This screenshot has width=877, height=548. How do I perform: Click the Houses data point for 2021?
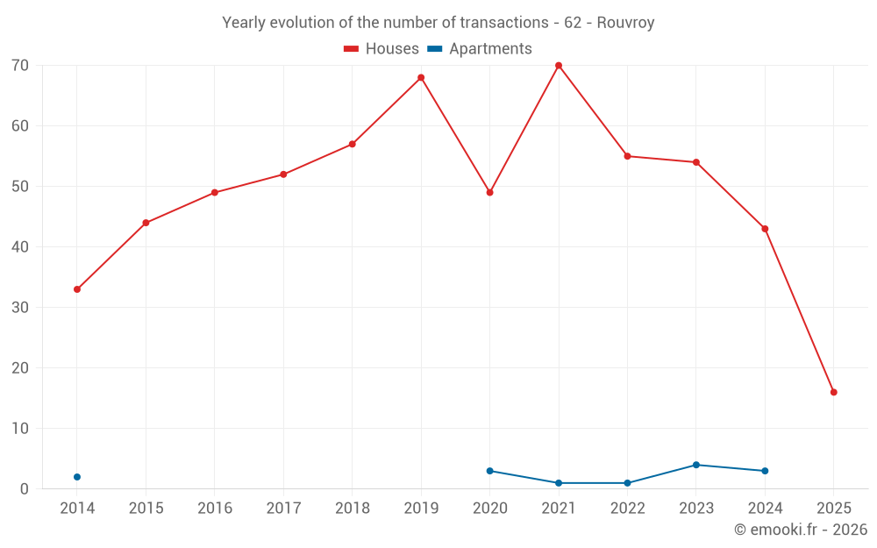point(559,66)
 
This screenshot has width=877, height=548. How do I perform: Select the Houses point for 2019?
point(421,77)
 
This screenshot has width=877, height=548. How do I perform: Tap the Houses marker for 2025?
point(833,392)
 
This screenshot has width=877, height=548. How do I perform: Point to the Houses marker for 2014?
point(77,289)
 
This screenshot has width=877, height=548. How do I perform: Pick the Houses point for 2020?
point(489,192)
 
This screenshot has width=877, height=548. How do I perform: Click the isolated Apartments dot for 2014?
point(77,477)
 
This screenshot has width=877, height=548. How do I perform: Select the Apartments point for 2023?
point(696,465)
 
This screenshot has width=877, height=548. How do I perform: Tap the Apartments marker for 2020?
point(489,471)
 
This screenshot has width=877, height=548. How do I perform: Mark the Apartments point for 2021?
point(559,483)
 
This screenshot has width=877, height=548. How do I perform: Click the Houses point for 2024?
point(765,229)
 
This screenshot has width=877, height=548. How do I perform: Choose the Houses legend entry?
point(381,49)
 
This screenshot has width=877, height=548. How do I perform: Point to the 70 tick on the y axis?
point(19,66)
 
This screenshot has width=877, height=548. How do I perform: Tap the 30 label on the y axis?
point(19,308)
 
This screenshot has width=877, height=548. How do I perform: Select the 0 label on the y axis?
point(25,489)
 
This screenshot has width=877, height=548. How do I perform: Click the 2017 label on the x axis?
point(283,509)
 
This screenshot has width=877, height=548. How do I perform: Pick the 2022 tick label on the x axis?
point(627,509)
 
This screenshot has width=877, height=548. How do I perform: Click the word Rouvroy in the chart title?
point(625,23)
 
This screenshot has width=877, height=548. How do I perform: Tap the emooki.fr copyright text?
point(800,530)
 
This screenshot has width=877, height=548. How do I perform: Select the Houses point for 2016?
point(215,193)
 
